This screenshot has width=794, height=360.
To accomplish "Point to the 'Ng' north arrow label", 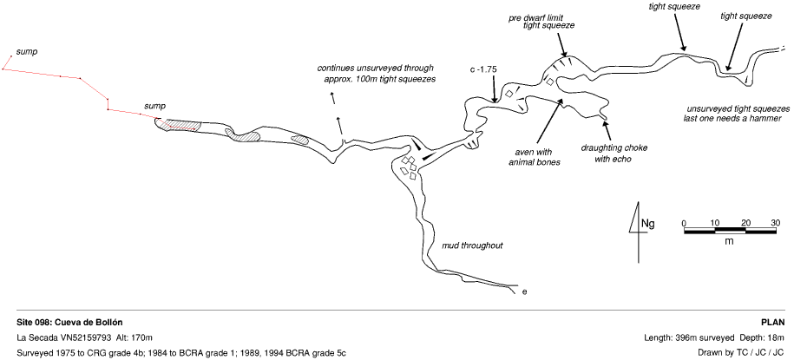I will (x=647, y=224).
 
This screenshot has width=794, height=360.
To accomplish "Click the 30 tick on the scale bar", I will (x=776, y=223).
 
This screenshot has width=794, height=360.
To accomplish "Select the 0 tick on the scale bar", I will (x=684, y=223).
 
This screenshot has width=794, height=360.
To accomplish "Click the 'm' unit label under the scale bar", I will (x=729, y=240).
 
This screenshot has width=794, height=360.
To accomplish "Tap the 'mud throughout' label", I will (x=473, y=245).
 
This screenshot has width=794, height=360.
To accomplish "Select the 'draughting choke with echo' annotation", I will (x=614, y=154).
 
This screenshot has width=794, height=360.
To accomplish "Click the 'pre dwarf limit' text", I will (x=541, y=16).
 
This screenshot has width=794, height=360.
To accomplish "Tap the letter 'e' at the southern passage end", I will (x=524, y=291).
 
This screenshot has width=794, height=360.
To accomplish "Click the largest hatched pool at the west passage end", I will (x=179, y=126).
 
